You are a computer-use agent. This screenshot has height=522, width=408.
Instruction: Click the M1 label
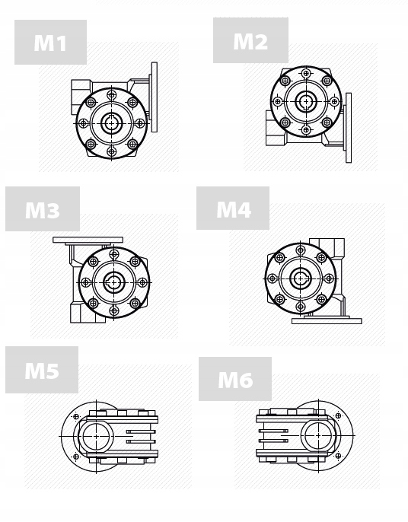pos(50,43)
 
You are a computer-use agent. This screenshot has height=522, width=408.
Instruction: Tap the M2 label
pos(250,40)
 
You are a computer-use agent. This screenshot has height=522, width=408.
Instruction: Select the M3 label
pos(43,209)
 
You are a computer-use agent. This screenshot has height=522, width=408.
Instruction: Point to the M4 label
pos(233,208)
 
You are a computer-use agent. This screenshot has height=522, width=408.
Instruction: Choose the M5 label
pos(42,371)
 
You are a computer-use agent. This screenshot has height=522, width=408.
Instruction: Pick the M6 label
pos(235,379)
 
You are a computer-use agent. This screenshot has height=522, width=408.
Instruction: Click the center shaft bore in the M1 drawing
pos(112,123)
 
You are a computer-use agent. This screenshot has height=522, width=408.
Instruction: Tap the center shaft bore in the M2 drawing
pos(306,100)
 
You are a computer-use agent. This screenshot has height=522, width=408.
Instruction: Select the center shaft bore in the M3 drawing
pos(114,282)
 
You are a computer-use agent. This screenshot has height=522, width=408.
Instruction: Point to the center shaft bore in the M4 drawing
pos(300,278)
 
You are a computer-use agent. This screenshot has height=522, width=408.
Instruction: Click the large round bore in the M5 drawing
pos(97,437)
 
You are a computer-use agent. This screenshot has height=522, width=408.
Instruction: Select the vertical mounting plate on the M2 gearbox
pos(349,127)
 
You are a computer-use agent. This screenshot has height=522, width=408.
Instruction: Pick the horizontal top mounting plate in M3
pos(88,240)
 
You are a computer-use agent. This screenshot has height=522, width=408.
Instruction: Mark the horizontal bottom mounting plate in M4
pos(327,320)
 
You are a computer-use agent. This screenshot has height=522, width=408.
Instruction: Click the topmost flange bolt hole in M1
pos(112,94)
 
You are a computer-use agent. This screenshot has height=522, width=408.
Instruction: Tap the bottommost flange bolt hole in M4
pos(300,306)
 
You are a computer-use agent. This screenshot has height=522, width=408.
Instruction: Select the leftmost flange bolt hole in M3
pos(86,282)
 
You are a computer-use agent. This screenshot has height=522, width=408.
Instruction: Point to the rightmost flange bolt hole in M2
pos(334,100)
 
